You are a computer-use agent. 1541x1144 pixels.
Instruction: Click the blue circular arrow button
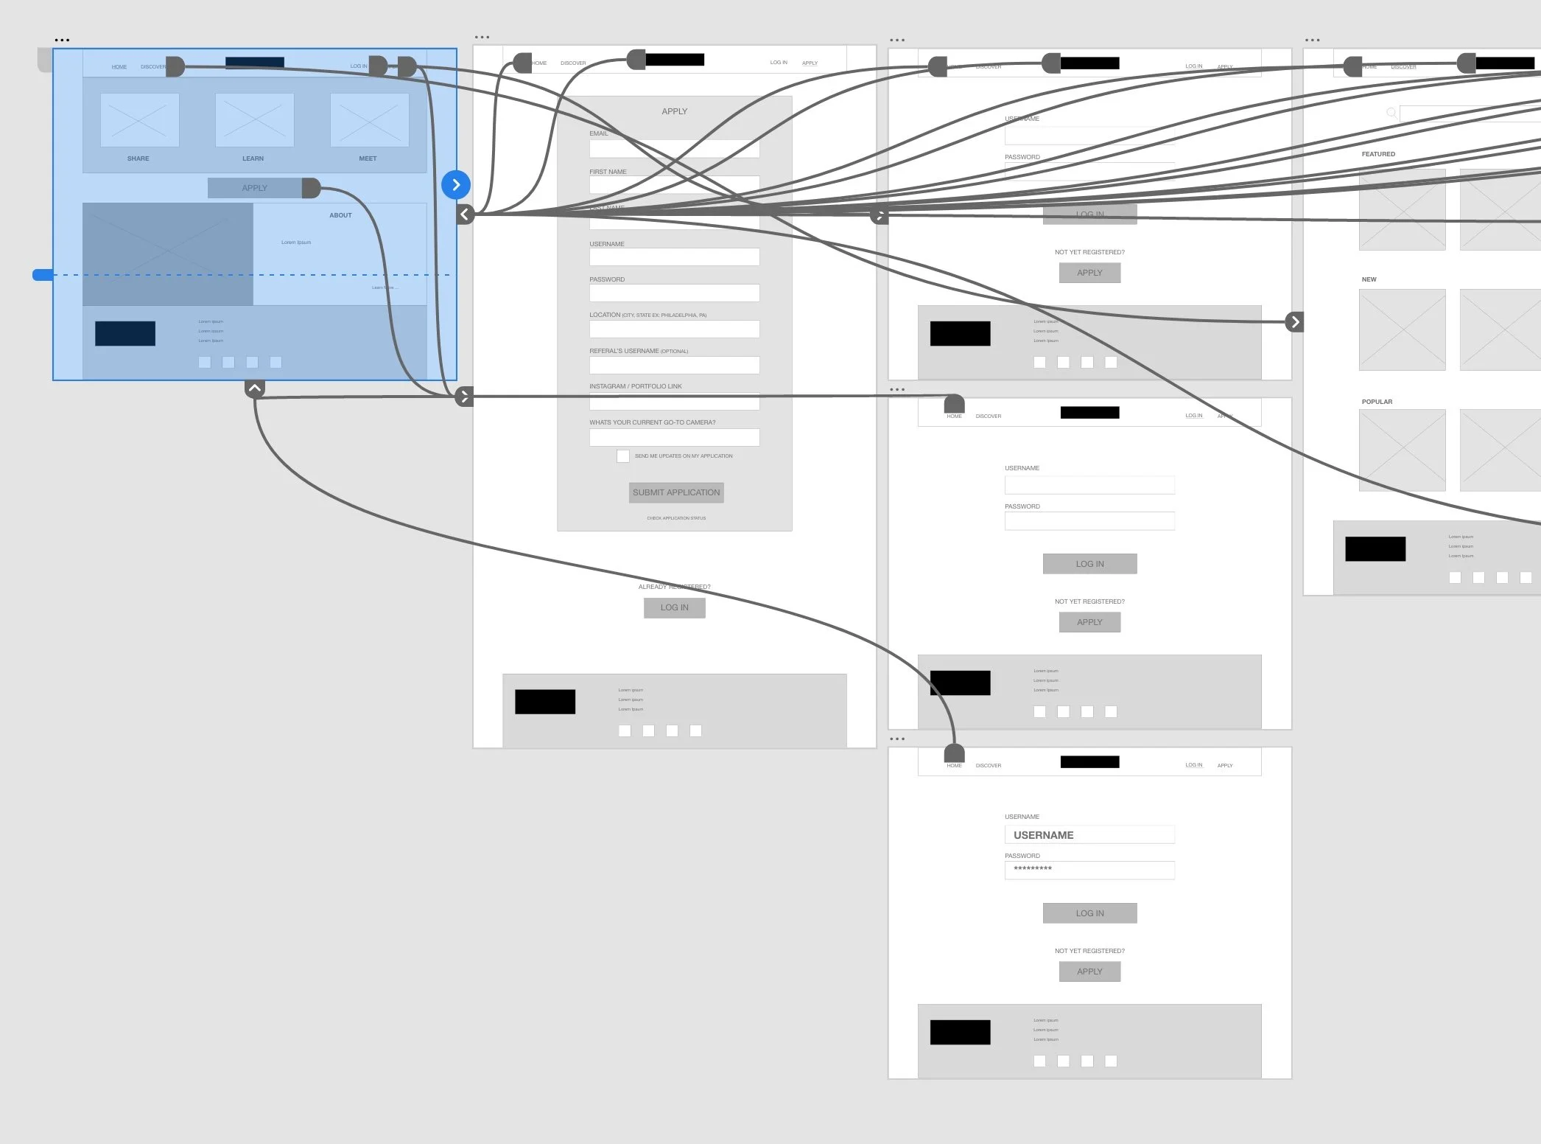point(456,184)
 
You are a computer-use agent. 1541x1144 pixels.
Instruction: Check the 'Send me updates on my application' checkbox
point(623,456)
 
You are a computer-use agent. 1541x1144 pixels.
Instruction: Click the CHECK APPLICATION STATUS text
point(676,518)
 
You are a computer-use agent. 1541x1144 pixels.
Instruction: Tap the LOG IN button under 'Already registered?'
point(674,607)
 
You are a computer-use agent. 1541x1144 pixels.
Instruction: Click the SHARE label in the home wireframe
point(138,158)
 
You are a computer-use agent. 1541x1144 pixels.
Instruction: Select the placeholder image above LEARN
point(254,120)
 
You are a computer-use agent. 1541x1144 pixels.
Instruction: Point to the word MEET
point(368,158)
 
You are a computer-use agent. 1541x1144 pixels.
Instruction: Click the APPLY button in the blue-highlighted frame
point(254,188)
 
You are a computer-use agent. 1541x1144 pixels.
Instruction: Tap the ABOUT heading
point(340,215)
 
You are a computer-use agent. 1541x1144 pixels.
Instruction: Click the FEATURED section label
point(1378,154)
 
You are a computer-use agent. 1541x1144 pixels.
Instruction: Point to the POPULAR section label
point(1377,402)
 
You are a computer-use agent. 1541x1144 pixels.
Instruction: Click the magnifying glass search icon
point(1391,113)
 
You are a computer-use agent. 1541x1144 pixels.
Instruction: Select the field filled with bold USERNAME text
point(1089,835)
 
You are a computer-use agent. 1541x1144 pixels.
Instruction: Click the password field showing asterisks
point(1089,870)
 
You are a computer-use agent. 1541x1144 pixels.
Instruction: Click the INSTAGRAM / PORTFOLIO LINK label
point(635,386)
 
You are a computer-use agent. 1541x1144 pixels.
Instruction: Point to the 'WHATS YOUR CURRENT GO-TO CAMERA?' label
point(652,422)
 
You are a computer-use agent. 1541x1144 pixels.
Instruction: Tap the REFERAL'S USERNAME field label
point(638,351)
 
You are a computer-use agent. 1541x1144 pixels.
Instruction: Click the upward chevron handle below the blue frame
point(254,388)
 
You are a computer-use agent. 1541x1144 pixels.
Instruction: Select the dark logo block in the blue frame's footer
point(125,333)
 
